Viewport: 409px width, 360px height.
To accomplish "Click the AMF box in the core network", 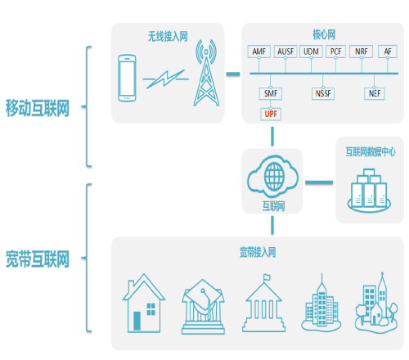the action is pyautogui.click(x=258, y=52).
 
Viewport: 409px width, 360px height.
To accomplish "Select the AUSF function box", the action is pyautogui.click(x=285, y=52).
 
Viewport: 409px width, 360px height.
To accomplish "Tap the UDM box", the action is pyautogui.click(x=311, y=52).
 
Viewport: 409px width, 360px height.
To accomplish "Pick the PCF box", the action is pyautogui.click(x=335, y=52).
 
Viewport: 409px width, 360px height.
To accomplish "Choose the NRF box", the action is pyautogui.click(x=361, y=52).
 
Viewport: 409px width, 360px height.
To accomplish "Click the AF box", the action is pyautogui.click(x=388, y=52).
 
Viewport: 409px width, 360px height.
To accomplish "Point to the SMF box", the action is pyautogui.click(x=271, y=93).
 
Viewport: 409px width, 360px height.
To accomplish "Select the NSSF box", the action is pyautogui.click(x=323, y=93).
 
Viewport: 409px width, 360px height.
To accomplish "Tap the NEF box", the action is pyautogui.click(x=375, y=93).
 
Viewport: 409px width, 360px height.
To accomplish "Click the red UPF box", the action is pyautogui.click(x=271, y=114).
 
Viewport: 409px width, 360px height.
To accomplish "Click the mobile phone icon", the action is pyautogui.click(x=127, y=78).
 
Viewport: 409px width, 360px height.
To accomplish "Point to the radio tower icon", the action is pyautogui.click(x=206, y=73).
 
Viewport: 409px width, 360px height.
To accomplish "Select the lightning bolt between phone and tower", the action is pyautogui.click(x=165, y=79).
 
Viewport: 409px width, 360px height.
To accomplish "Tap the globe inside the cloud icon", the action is pyautogui.click(x=274, y=177).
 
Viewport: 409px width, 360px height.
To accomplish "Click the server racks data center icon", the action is pyautogui.click(x=369, y=191).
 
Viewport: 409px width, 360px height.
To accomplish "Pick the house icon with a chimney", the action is pyautogui.click(x=144, y=304).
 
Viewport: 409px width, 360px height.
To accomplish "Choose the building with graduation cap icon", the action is pyautogui.click(x=203, y=307).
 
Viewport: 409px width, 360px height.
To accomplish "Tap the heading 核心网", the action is pyautogui.click(x=324, y=35).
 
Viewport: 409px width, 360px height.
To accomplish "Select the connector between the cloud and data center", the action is pyautogui.click(x=319, y=182).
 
